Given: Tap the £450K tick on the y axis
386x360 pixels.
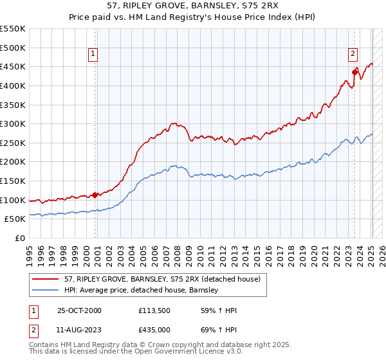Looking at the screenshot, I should (13, 67).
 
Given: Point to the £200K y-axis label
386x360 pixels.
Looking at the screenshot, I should (13, 162).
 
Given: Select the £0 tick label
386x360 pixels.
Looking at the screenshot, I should (19, 239).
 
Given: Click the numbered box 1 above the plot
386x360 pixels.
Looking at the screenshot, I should (94, 55).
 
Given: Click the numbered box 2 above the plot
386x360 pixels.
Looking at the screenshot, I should (353, 55).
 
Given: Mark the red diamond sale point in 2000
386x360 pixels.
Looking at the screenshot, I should (95, 195).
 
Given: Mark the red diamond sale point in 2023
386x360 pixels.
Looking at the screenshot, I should (354, 72).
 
